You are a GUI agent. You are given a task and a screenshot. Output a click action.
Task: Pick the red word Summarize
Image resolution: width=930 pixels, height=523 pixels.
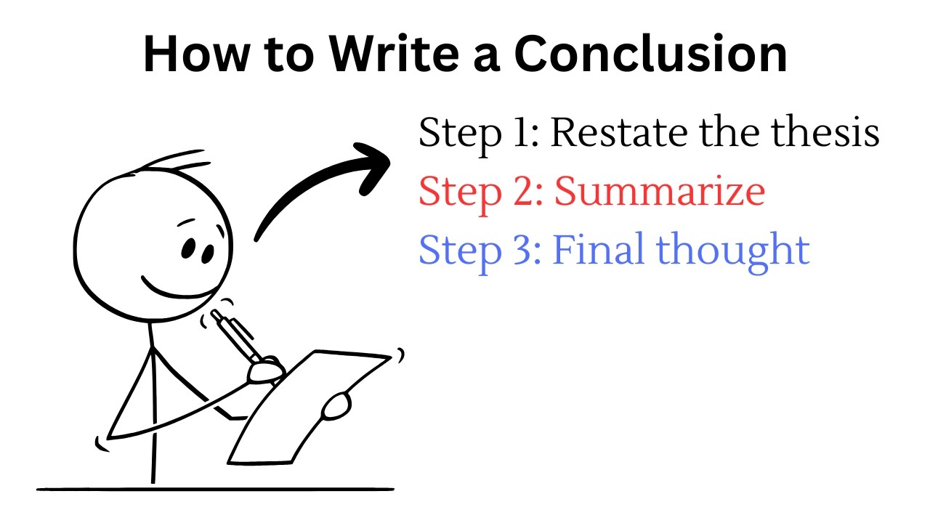[659, 192]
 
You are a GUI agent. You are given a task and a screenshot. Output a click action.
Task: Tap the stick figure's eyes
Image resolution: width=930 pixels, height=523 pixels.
[196, 250]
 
